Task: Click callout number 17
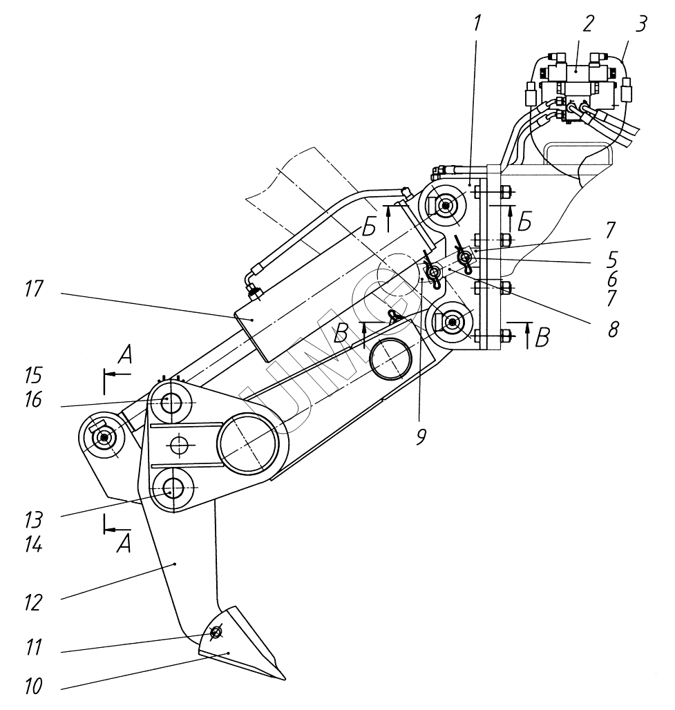35,289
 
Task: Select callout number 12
33,603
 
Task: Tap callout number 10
34,687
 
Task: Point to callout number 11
33,647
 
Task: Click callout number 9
421,436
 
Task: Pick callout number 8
613,330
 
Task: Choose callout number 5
611,260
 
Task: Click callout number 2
587,23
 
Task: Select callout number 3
640,23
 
